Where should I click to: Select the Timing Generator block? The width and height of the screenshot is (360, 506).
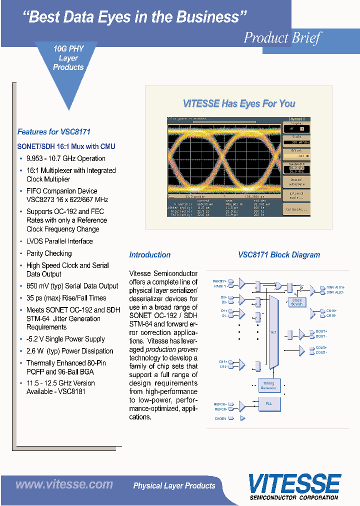pyautogui.click(x=269, y=385)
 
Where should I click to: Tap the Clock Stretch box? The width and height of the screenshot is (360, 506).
pyautogui.click(x=297, y=302)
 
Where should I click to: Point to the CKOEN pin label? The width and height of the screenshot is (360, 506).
pyautogui.click(x=220, y=418)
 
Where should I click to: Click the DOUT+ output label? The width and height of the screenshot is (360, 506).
pyautogui.click(x=321, y=331)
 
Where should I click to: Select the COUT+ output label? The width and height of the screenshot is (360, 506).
pyautogui.click(x=321, y=347)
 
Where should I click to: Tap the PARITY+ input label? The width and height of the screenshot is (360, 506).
pyautogui.click(x=219, y=281)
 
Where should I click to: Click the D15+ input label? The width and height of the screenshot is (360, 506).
pyautogui.click(x=222, y=361)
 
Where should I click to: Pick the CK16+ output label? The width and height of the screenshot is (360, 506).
pyautogui.click(x=331, y=310)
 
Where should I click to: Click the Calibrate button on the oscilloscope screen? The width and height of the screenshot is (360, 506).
pyautogui.click(x=296, y=209)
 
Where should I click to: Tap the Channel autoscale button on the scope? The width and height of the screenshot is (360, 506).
pyautogui.click(x=296, y=181)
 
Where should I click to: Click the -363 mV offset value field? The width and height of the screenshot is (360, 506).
pyautogui.click(x=296, y=155)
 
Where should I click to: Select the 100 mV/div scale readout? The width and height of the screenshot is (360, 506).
pyautogui.click(x=296, y=142)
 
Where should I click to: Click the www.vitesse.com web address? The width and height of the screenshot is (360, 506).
pyautogui.click(x=64, y=484)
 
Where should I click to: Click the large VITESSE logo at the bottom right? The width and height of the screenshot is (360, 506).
pyautogui.click(x=294, y=483)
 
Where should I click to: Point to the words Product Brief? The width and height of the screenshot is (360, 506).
pyautogui.click(x=282, y=38)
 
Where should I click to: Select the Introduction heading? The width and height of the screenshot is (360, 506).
pyautogui.click(x=149, y=254)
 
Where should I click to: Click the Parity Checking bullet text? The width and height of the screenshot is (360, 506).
pyautogui.click(x=49, y=253)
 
